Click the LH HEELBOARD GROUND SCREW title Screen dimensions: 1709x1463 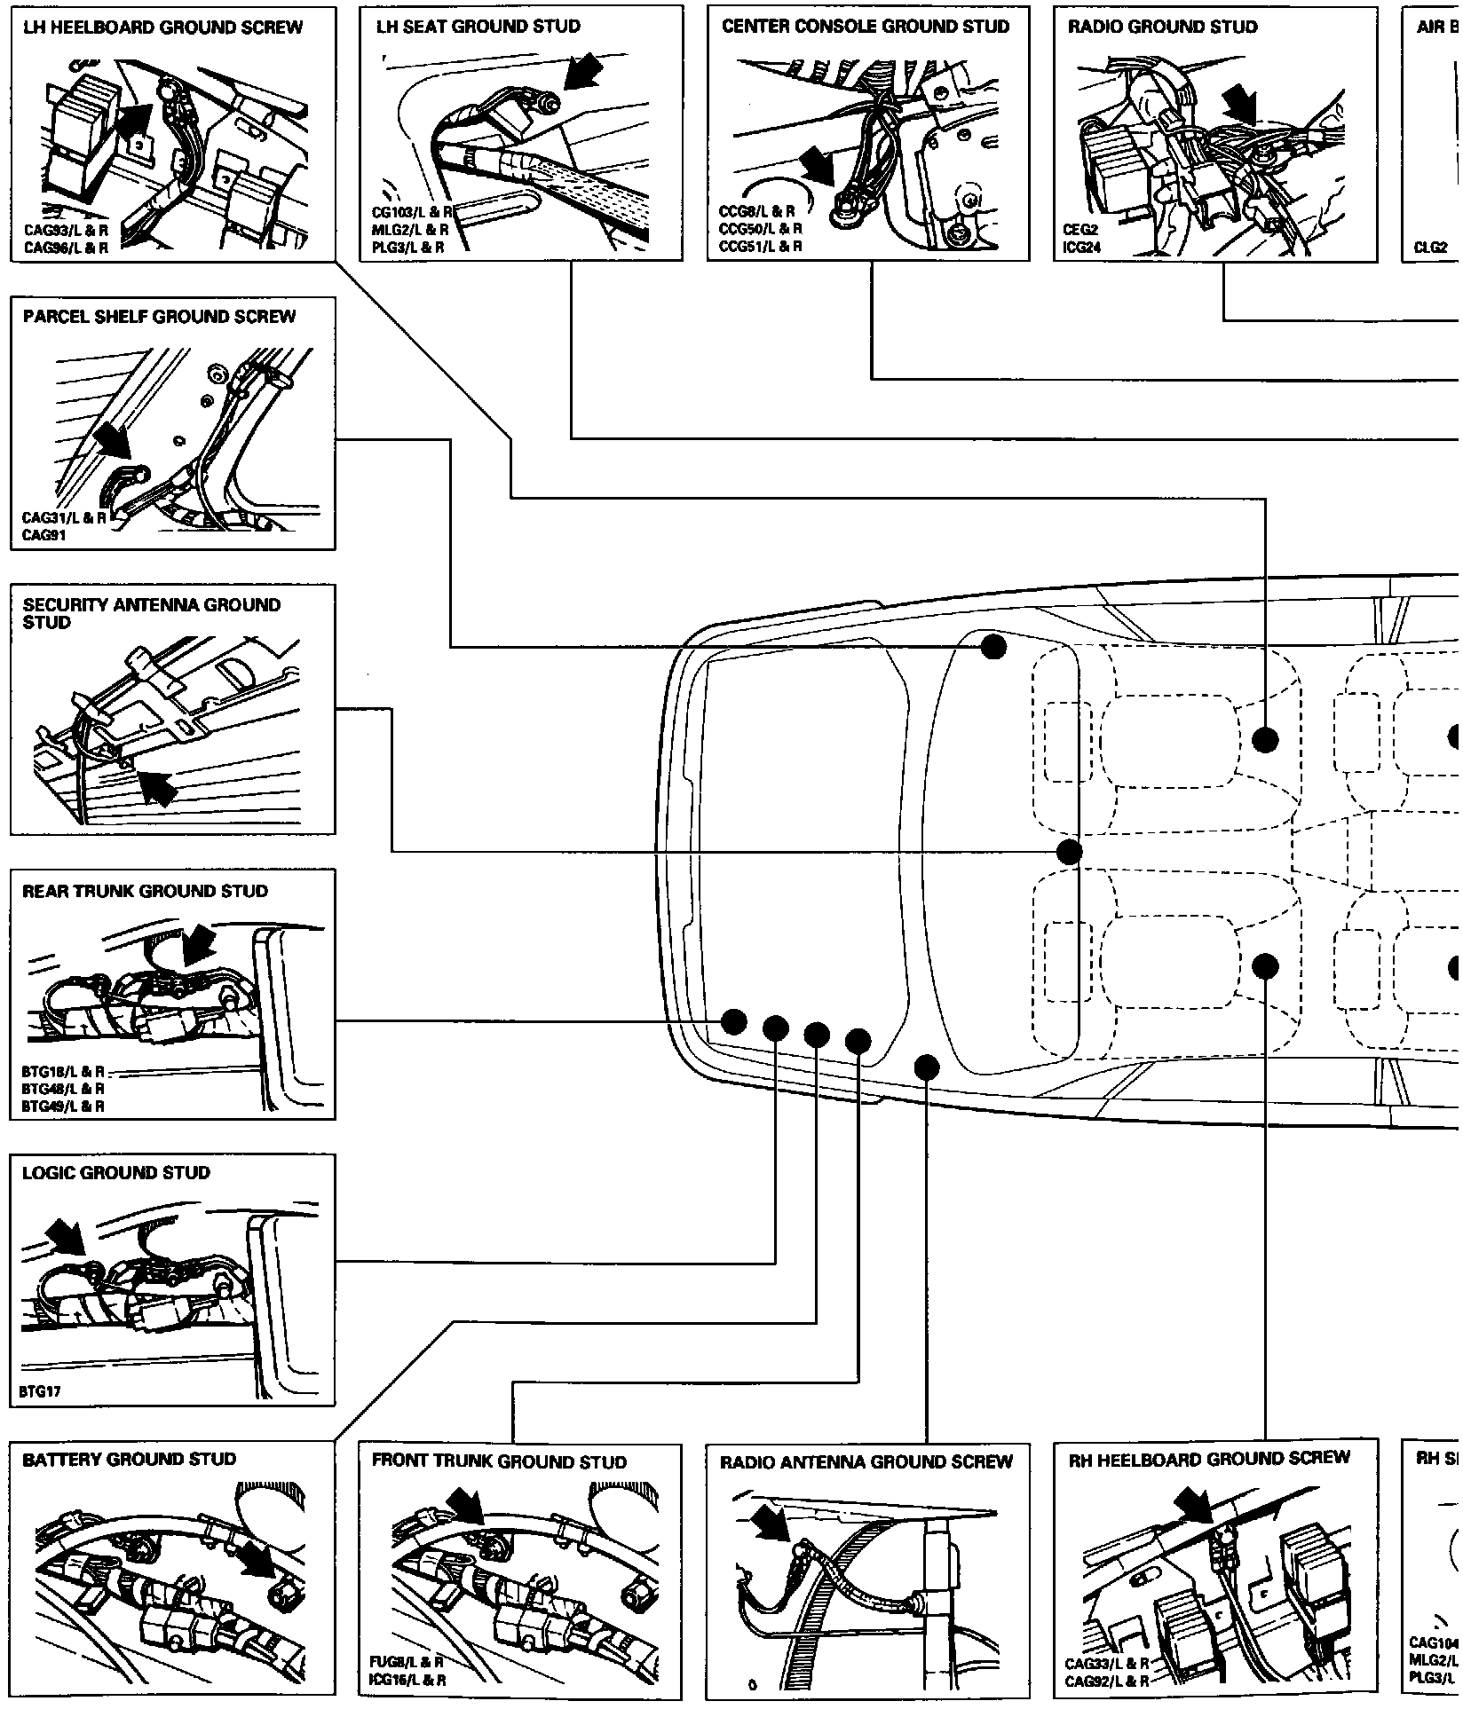[162, 28]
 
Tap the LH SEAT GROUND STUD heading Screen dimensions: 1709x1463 [478, 27]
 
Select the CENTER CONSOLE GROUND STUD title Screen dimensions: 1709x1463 [866, 27]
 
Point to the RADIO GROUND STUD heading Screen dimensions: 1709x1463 [1162, 27]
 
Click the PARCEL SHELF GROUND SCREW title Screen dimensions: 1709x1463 [159, 317]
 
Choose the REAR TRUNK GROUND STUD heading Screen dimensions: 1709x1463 [145, 891]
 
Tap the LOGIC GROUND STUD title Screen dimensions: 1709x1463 [116, 1173]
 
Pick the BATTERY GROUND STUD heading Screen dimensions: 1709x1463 [129, 1460]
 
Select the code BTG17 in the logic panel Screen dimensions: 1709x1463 [41, 1391]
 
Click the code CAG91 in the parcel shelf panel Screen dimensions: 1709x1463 [43, 535]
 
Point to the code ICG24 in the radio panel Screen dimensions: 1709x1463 [1081, 248]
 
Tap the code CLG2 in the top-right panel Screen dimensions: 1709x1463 [1430, 248]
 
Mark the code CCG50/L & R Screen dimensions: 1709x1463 [760, 229]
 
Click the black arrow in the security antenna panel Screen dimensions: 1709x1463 [157, 785]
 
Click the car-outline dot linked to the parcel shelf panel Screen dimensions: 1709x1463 [993, 647]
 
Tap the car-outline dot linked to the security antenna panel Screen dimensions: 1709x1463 [1070, 853]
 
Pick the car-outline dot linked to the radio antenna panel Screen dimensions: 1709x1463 [926, 1066]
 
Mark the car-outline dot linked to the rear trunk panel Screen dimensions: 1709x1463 [733, 1022]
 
